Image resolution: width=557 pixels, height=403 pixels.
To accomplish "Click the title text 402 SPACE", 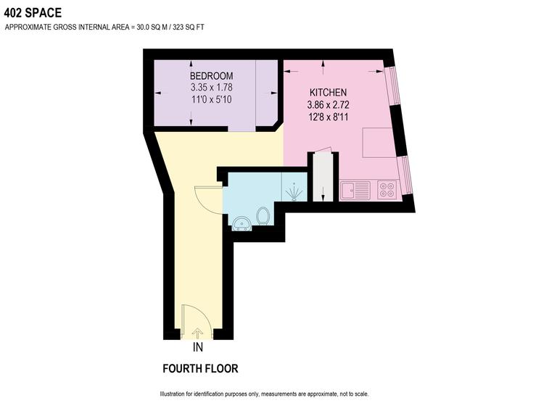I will pyautogui.click(x=33, y=12).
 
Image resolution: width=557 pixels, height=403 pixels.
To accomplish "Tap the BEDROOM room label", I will pyautogui.click(x=211, y=76).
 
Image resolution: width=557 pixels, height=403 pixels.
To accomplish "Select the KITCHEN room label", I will pyautogui.click(x=329, y=92).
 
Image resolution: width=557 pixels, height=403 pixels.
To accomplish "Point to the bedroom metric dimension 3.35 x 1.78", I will pyautogui.click(x=211, y=88).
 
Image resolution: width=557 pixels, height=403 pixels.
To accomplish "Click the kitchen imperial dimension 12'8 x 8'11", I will pyautogui.click(x=329, y=117).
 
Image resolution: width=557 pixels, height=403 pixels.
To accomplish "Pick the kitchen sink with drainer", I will pyautogui.click(x=356, y=191).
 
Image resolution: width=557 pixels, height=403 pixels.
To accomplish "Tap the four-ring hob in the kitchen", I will pyautogui.click(x=387, y=191).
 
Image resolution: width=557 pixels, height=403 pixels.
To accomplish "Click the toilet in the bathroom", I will pyautogui.click(x=264, y=215).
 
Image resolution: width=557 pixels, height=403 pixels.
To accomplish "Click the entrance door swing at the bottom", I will pyautogui.click(x=194, y=320).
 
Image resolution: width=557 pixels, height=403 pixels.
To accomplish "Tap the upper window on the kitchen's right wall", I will pyautogui.click(x=392, y=85).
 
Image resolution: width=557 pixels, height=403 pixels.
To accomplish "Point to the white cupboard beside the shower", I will pyautogui.click(x=321, y=176).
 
